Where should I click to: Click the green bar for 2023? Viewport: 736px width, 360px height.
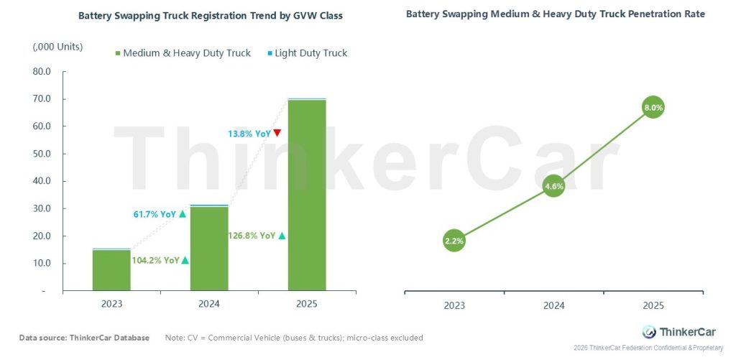[111, 270]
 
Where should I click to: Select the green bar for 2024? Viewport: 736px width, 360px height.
[209, 249]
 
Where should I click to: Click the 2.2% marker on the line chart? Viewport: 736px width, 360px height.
[454, 241]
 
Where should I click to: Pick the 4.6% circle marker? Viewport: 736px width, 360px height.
[554, 186]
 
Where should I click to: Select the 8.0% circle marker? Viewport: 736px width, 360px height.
[653, 108]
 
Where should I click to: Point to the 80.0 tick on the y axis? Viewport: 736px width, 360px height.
[41, 72]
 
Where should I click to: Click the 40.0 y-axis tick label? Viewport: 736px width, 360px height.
[41, 181]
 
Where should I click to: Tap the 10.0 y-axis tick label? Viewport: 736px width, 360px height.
[41, 264]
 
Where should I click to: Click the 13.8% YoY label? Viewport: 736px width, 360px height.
[249, 133]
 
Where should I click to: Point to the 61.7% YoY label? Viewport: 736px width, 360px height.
[155, 213]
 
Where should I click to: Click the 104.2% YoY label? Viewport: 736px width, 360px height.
[155, 260]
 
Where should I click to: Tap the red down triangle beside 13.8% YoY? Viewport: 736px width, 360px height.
[277, 133]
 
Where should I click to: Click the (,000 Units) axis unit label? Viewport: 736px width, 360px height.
[57, 47]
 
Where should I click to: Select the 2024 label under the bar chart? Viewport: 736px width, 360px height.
[209, 304]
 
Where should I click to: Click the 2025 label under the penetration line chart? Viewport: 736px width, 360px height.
[653, 305]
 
